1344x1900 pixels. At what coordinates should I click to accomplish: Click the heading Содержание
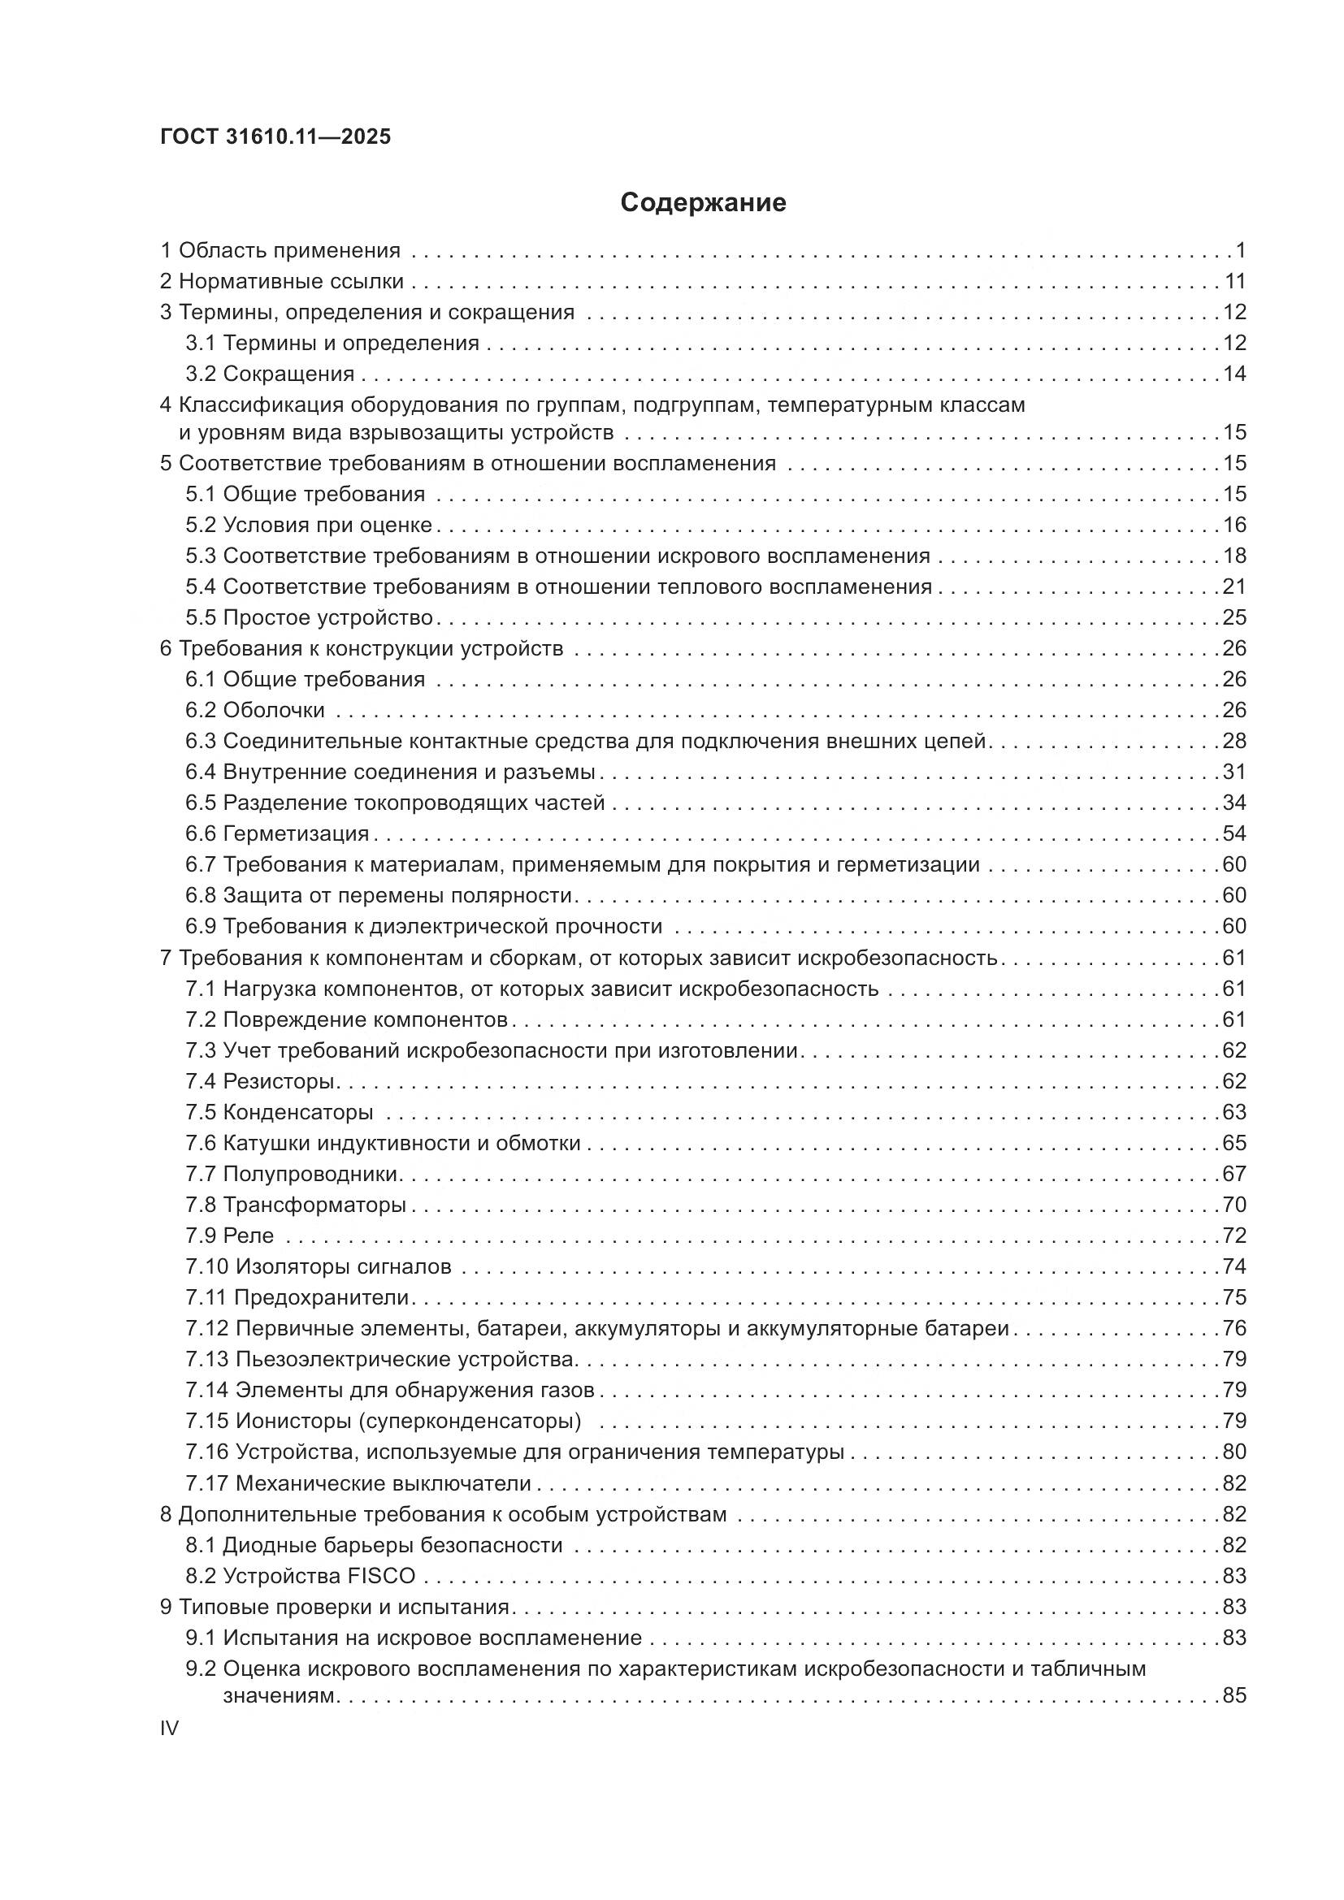tap(703, 203)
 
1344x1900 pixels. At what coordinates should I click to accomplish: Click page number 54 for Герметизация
tap(1234, 833)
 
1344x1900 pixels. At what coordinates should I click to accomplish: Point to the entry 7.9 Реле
tap(229, 1236)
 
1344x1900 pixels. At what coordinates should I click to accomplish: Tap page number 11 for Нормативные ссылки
tap(1235, 282)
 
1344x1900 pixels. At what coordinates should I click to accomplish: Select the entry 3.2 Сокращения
tap(270, 374)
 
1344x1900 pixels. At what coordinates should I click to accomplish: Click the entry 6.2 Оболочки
tap(255, 710)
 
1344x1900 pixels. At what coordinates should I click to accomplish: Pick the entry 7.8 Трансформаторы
tap(296, 1205)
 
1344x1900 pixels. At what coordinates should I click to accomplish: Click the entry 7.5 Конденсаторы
tap(279, 1112)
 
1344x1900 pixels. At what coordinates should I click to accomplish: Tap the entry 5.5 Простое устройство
tap(309, 617)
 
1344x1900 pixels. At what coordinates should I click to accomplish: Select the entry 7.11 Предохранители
tap(297, 1297)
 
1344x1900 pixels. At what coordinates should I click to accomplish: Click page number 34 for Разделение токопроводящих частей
tap(1234, 803)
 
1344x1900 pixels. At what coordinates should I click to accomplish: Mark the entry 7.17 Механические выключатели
tap(358, 1483)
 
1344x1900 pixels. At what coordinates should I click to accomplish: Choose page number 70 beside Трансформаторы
tap(1234, 1205)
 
